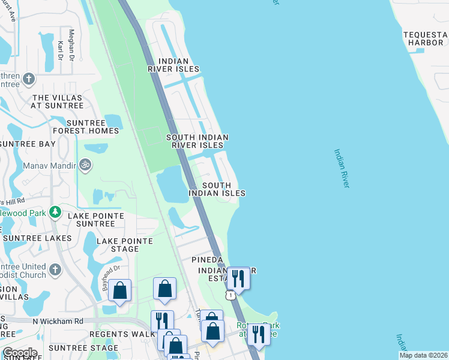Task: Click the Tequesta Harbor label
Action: pos(425,38)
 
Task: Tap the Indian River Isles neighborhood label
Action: pos(173,65)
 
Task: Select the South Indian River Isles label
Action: pos(197,141)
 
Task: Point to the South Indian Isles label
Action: pos(217,190)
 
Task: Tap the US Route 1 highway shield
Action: pos(230,295)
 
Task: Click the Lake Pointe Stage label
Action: pos(125,245)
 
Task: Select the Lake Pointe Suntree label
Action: pos(95,220)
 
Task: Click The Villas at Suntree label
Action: pos(58,101)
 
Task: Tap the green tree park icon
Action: pos(55,212)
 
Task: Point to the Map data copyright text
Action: pos(423,355)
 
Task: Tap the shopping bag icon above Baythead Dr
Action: pos(120,290)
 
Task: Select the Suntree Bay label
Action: pos(28,144)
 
